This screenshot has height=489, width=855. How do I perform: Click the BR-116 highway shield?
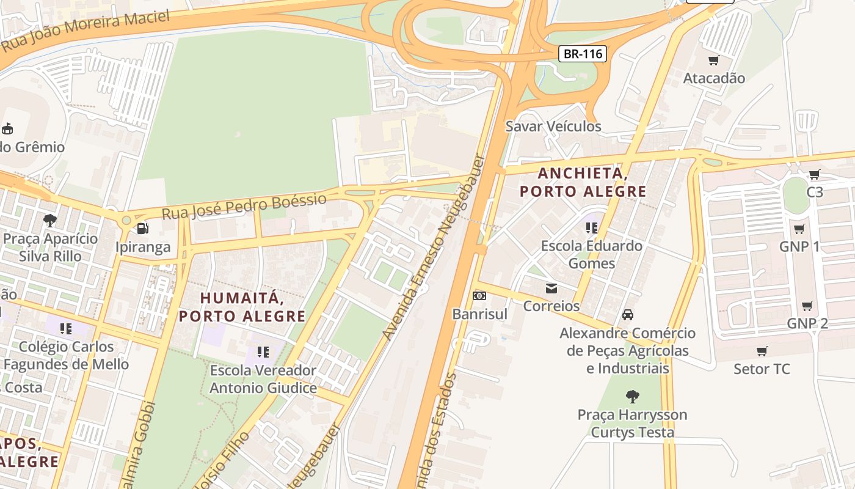pyautogui.click(x=583, y=54)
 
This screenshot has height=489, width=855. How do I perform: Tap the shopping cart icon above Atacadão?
pyautogui.click(x=713, y=60)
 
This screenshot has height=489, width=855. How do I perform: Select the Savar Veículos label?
pyautogui.click(x=553, y=127)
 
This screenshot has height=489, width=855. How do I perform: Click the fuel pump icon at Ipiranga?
pyautogui.click(x=143, y=229)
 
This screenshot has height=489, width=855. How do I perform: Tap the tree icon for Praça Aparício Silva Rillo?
pyautogui.click(x=50, y=220)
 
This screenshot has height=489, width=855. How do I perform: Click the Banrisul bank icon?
pyautogui.click(x=479, y=296)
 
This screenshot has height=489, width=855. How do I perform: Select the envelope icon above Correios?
pyautogui.click(x=551, y=288)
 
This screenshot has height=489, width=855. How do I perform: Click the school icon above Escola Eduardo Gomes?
pyautogui.click(x=591, y=228)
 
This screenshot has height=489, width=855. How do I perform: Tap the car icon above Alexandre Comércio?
pyautogui.click(x=627, y=315)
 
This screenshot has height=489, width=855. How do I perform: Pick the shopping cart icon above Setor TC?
pyautogui.click(x=762, y=351)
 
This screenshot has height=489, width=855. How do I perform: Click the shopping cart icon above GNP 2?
pyautogui.click(x=807, y=306)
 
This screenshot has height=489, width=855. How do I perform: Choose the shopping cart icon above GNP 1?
pyautogui.click(x=799, y=229)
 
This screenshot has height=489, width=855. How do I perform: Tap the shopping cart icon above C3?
pyautogui.click(x=814, y=175)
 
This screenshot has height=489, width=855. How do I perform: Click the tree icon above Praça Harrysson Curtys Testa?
pyautogui.click(x=632, y=396)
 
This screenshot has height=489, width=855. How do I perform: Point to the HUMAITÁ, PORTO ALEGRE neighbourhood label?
pyautogui.click(x=242, y=307)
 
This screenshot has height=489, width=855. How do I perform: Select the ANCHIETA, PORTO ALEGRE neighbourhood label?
pyautogui.click(x=583, y=182)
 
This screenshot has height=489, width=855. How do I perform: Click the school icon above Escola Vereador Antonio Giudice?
pyautogui.click(x=263, y=352)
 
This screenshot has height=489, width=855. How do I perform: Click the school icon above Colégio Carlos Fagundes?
pyautogui.click(x=66, y=329)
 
